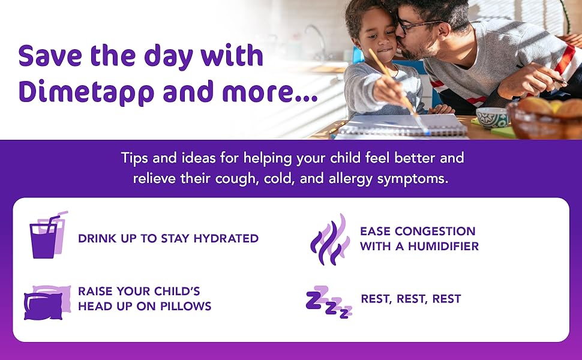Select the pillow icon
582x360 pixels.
(x=47, y=302)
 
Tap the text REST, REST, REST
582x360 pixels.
(x=410, y=299)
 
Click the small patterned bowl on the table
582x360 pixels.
(x=491, y=116)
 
